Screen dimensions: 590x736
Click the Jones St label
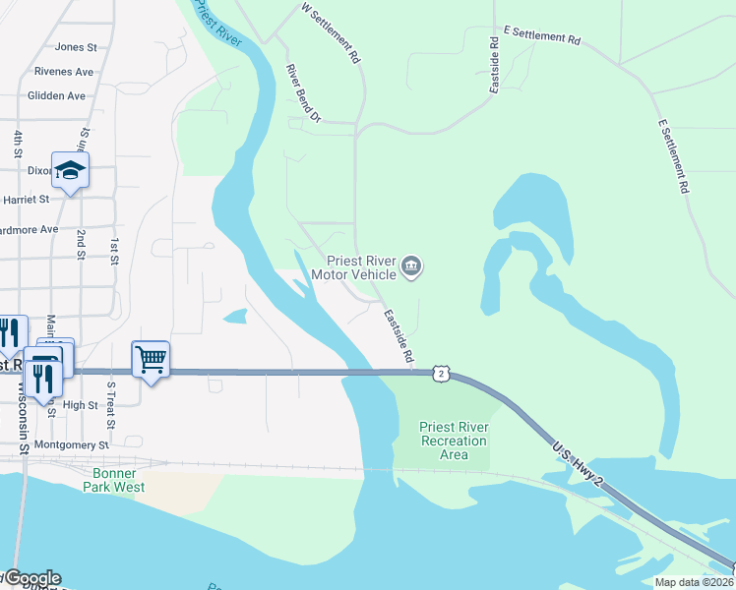(x=76, y=46)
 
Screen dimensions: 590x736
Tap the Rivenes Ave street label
(x=63, y=72)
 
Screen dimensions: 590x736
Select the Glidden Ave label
(x=56, y=96)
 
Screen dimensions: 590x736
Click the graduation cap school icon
(x=71, y=172)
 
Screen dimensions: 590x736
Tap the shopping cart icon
(x=151, y=360)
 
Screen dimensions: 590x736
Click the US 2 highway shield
(x=443, y=373)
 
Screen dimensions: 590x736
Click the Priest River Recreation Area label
(x=454, y=441)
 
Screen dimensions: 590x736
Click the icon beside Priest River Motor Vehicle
(x=411, y=266)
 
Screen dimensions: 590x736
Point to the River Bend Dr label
(x=303, y=94)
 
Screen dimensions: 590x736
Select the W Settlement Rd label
(x=332, y=33)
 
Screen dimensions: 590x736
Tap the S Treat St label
(x=111, y=405)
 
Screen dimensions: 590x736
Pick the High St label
(x=80, y=405)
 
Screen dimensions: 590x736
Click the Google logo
(x=31, y=578)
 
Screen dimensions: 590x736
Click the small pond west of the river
(x=235, y=317)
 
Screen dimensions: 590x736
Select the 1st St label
(x=115, y=252)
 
